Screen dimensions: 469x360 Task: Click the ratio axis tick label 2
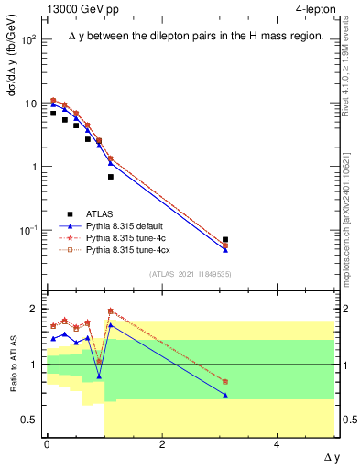pyautogui.click(x=34, y=309)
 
